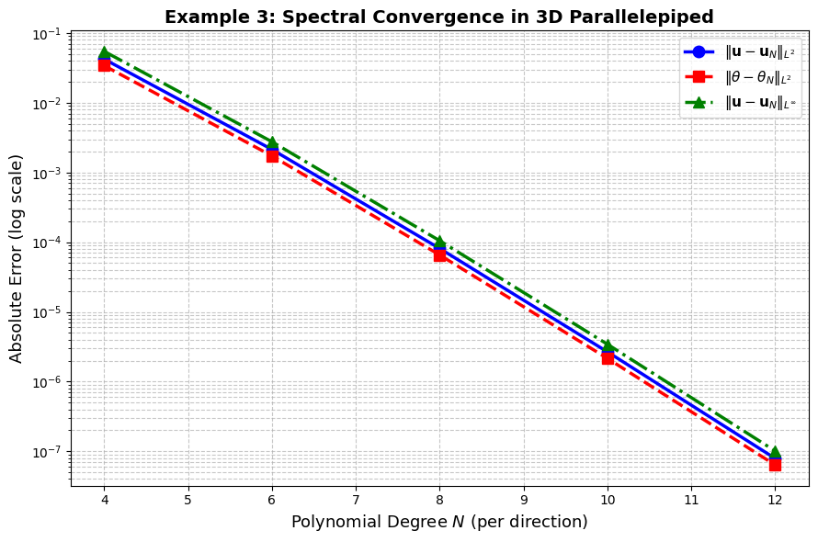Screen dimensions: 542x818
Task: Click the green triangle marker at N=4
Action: coord(104,53)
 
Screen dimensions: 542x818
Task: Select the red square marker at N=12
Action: coord(775,464)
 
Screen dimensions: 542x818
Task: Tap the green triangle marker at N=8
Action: coord(439,242)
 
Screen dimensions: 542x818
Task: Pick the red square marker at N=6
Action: coord(272,155)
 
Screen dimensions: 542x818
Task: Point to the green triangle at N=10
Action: coord(608,345)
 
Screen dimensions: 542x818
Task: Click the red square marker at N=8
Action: coord(439,254)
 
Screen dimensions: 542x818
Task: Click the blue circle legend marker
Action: coord(699,52)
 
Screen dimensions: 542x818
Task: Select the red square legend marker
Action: coord(699,77)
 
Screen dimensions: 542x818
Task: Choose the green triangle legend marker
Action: coord(699,102)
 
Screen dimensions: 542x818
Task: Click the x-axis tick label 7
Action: coord(356,500)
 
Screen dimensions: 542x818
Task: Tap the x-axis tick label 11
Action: coord(691,500)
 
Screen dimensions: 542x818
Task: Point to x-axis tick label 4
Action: coord(104,500)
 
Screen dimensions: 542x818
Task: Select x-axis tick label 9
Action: coord(524,500)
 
